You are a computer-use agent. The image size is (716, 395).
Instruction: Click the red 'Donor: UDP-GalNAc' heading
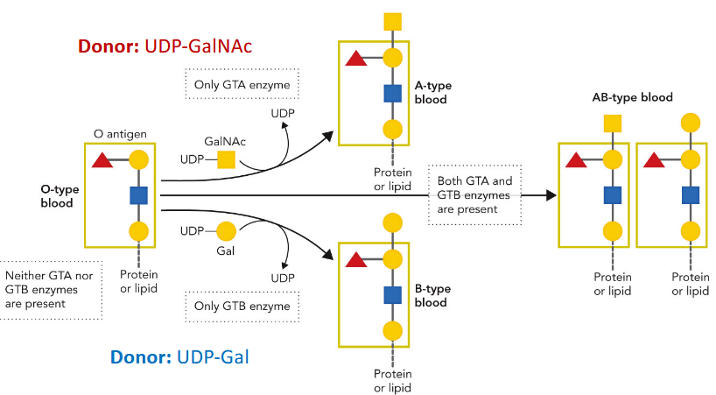[x=165, y=46]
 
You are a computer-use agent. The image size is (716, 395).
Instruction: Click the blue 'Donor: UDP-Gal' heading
[x=184, y=357]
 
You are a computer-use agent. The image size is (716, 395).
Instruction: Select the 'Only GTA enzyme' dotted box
[x=242, y=85]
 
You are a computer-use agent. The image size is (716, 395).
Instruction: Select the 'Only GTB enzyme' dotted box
[x=242, y=307]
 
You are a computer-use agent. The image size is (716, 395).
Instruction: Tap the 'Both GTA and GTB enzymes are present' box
[x=474, y=195]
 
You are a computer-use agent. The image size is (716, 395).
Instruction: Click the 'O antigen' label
[x=119, y=134]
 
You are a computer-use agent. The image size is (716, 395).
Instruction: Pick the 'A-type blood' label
[x=431, y=93]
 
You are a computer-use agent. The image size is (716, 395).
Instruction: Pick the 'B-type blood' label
[x=431, y=296]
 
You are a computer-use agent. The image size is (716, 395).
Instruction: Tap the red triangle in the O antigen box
[x=102, y=160]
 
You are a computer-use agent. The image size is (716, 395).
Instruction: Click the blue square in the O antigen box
[x=138, y=195]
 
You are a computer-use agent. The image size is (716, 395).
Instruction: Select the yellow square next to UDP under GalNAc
[x=226, y=159]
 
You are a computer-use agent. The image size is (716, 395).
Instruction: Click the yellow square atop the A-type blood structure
[x=393, y=21]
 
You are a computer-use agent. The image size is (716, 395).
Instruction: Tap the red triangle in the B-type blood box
[x=356, y=258]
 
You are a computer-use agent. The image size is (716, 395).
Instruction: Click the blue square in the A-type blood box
[x=393, y=94]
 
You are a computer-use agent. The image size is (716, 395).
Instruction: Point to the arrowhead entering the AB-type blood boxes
[x=550, y=195]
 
